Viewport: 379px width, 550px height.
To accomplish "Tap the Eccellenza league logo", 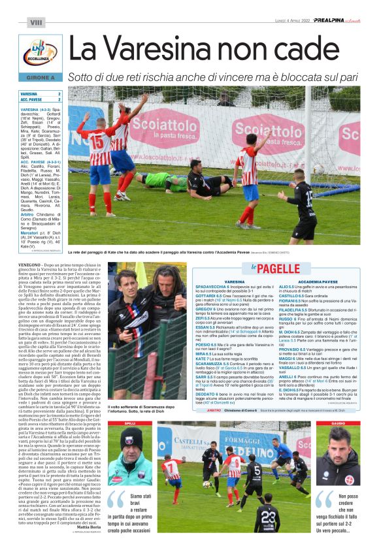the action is (40, 54).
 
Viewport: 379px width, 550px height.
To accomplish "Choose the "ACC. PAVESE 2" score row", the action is (41, 100).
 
